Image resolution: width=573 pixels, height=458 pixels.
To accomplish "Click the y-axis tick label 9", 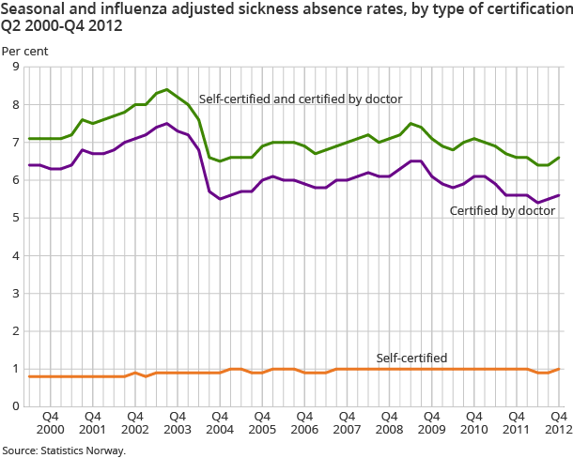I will (x=14, y=67).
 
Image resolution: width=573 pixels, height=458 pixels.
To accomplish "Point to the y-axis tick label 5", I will (x=14, y=218).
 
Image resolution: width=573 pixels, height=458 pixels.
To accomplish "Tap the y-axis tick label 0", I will (x=14, y=406).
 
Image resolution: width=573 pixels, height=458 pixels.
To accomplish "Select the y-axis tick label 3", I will (x=14, y=293).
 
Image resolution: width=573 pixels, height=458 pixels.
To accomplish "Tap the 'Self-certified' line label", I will (x=410, y=358).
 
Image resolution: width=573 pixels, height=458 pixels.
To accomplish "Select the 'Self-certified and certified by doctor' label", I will (x=301, y=99).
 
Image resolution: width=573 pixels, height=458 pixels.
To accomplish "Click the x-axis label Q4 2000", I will (x=51, y=421).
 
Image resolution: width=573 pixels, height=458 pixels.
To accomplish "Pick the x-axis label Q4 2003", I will (x=178, y=421).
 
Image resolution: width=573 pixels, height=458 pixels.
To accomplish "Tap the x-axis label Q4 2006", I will (x=304, y=421).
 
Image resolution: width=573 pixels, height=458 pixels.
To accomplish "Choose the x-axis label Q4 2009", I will (x=430, y=421).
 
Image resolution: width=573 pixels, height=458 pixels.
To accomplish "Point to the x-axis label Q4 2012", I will (x=557, y=421).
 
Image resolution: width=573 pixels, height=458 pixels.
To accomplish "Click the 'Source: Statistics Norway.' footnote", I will (x=63, y=450).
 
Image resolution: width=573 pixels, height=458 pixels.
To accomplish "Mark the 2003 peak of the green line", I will (x=166, y=89).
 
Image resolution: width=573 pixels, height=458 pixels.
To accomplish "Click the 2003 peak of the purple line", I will (x=166, y=123).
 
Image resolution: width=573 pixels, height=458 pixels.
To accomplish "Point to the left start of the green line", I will (x=29, y=138).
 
